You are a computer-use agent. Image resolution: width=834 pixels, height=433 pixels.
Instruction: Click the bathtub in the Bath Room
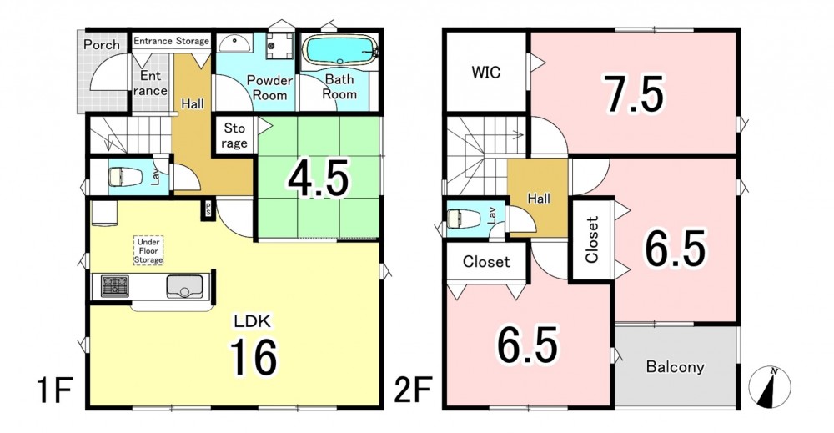tap(339, 51)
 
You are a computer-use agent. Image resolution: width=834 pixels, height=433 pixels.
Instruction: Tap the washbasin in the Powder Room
tap(234, 43)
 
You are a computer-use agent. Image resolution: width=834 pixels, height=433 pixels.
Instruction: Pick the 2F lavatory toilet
tap(464, 218)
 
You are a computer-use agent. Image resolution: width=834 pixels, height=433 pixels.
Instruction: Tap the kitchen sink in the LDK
tap(184, 287)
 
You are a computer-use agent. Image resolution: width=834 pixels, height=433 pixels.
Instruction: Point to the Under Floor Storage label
tap(148, 251)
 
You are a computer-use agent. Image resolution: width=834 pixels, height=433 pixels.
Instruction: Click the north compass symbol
tap(769, 387)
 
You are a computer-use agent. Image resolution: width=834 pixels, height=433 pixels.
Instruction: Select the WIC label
tap(485, 72)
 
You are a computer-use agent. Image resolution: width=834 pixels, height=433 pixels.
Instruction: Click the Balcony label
tap(675, 366)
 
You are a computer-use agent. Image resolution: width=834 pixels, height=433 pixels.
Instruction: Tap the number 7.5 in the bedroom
tap(633, 95)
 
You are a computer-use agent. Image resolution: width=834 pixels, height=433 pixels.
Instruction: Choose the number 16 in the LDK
tap(254, 357)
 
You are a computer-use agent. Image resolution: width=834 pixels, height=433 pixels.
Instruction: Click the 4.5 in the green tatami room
tap(318, 178)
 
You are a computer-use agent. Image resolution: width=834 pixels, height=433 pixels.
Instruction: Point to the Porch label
tap(102, 44)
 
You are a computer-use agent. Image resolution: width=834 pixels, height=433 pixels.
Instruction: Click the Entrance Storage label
tap(171, 41)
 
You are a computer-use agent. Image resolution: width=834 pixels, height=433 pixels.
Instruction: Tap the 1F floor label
tap(54, 391)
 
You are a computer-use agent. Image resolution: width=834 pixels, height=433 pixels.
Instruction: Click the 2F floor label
tap(412, 391)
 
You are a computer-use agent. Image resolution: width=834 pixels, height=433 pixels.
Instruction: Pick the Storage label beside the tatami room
tap(234, 135)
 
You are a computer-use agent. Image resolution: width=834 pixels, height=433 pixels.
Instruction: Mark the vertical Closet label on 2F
tap(592, 239)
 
